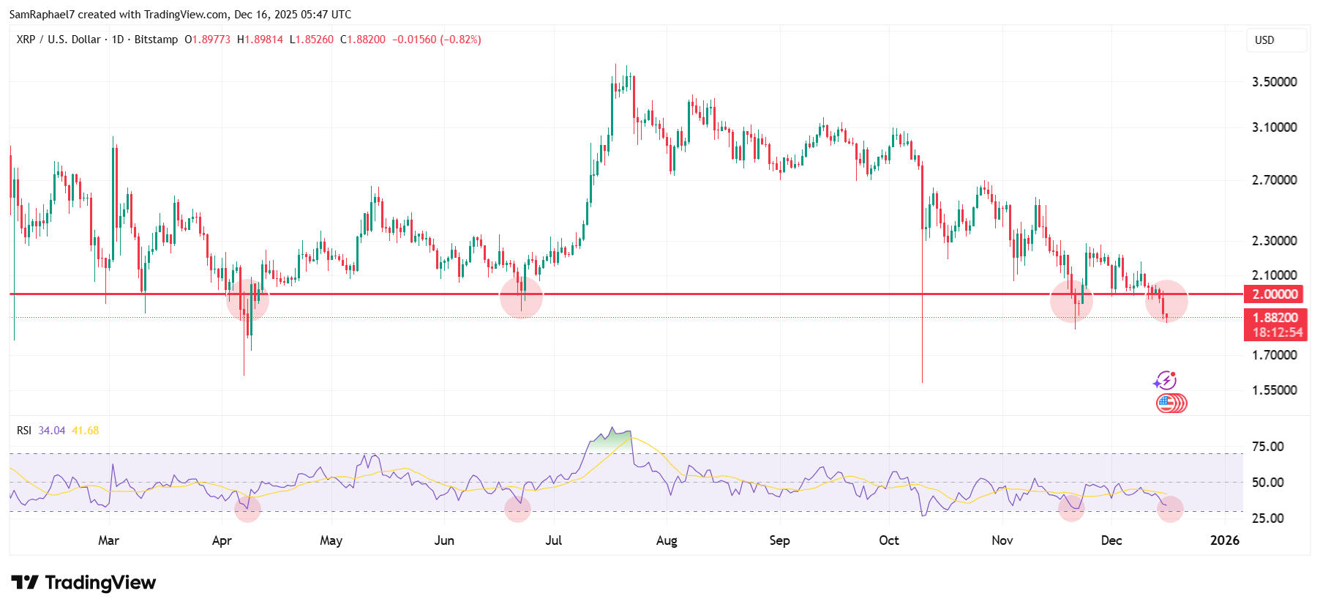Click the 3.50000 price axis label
pos(1274,81)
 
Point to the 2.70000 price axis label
pos(1274,179)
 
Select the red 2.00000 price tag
pos(1275,294)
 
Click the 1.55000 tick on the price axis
pos(1274,390)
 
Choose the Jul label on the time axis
pos(553,540)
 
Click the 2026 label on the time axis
pos(1225,540)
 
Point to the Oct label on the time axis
pos(888,540)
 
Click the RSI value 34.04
pos(51,431)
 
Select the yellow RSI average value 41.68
pos(85,431)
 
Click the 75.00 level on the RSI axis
pos(1267,446)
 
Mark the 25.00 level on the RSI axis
pos(1267,518)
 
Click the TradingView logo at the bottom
pos(83,583)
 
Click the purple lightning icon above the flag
pos(1164,381)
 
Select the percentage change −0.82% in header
pos(460,40)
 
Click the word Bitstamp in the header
pos(156,40)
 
